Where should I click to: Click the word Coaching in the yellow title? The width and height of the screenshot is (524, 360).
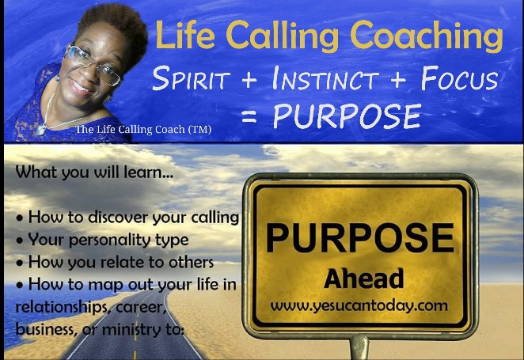click(x=427, y=36)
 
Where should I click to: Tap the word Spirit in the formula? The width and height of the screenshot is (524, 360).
click(x=191, y=78)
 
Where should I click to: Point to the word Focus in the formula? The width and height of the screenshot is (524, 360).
click(x=460, y=78)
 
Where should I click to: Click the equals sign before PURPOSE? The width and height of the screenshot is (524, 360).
click(x=249, y=116)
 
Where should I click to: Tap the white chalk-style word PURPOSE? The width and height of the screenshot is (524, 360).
click(x=347, y=116)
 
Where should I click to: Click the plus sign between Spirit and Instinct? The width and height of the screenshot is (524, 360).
click(x=249, y=80)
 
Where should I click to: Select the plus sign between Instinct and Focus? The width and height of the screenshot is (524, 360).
click(x=398, y=80)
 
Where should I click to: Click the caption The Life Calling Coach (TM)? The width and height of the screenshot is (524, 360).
click(x=143, y=129)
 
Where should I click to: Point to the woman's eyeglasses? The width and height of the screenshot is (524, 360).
click(x=93, y=64)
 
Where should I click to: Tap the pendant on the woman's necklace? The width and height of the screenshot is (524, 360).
click(x=41, y=131)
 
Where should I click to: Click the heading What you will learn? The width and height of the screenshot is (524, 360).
click(x=94, y=172)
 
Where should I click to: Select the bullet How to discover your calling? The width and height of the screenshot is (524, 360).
click(x=127, y=218)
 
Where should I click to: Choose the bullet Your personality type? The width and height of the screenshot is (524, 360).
click(x=102, y=240)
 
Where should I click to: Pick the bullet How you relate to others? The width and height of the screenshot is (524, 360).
click(x=115, y=262)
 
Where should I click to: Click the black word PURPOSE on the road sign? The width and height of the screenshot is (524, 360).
click(x=360, y=238)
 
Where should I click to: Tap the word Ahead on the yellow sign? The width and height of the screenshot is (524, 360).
click(x=363, y=279)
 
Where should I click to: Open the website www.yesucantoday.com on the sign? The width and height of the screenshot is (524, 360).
click(x=359, y=306)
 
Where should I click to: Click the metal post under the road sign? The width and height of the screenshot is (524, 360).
click(x=359, y=348)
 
